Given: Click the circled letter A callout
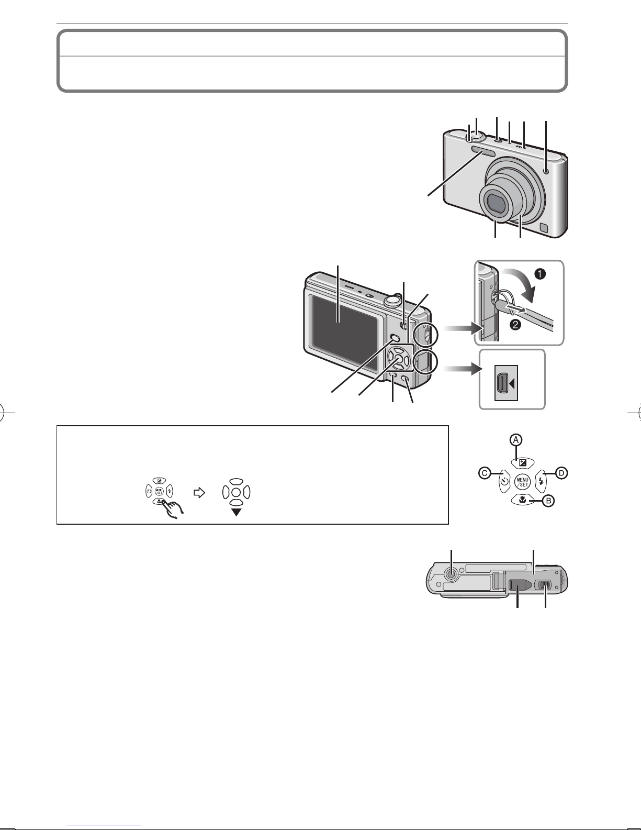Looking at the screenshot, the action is [516, 440].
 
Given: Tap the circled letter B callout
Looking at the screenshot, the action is [548, 501].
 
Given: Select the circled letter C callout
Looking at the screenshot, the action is [485, 473].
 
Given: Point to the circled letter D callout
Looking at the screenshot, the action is [561, 473].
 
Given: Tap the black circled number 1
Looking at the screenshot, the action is [540, 274].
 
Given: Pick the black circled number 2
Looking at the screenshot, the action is [515, 325].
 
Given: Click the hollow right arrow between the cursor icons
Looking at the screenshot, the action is [199, 493].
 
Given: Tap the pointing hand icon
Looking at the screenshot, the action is [172, 508].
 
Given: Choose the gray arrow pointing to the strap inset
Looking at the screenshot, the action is [462, 328].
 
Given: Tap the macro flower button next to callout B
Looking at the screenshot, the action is [523, 500].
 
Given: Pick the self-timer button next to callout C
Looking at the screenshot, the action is [504, 482].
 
